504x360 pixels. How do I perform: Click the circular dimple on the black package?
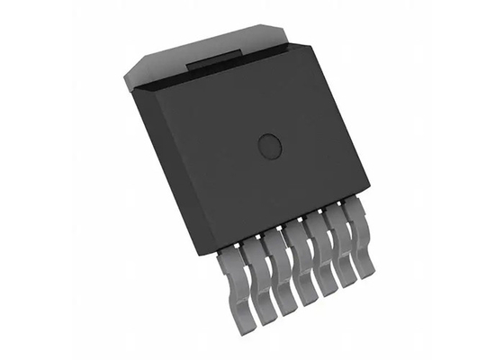269,144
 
